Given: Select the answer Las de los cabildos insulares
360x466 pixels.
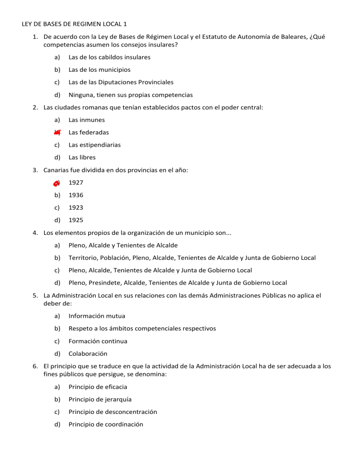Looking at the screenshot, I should click(x=109, y=57).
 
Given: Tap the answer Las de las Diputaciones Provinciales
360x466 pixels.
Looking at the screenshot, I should click(x=121, y=82).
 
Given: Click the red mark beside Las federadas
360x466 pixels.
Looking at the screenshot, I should click(x=57, y=133).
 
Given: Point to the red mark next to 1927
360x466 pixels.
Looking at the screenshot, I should click(x=56, y=183).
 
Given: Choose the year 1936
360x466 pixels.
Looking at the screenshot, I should click(x=76, y=195).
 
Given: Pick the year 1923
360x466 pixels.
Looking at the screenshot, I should click(x=76, y=207).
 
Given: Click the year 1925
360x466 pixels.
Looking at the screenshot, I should click(x=76, y=220).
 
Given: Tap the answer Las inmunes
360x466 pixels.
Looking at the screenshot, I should click(x=87, y=120).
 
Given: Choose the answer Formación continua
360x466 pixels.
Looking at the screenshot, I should click(x=97, y=341).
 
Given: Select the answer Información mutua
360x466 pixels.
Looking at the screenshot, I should click(x=97, y=316).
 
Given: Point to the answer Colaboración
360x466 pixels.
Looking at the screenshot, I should click(x=88, y=354).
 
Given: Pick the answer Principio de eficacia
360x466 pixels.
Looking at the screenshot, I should click(x=97, y=387).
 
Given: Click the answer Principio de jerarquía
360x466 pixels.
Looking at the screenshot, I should click(x=99, y=399).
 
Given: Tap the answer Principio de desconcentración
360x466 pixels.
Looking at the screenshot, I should click(x=112, y=412).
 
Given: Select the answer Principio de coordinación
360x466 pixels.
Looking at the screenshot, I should click(x=106, y=425).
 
